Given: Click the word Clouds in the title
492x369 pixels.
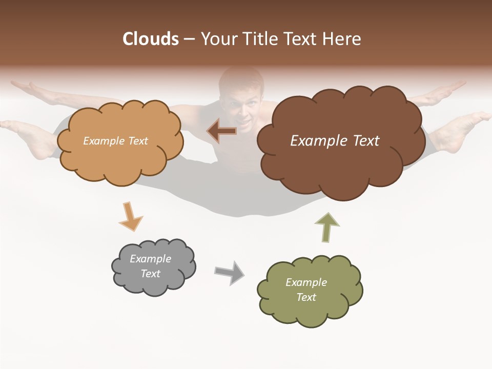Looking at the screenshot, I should pos(151,39).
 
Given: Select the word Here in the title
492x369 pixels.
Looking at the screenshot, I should pos(344,39).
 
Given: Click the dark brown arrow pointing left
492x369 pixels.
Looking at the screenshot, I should pos(222,131).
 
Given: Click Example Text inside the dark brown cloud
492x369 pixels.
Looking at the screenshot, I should pos(335,141).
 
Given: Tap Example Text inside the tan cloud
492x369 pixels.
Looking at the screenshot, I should pos(115,141).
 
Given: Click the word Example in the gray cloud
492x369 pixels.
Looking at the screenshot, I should pos(150,259).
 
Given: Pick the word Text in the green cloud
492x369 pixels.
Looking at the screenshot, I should pos(306,297).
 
